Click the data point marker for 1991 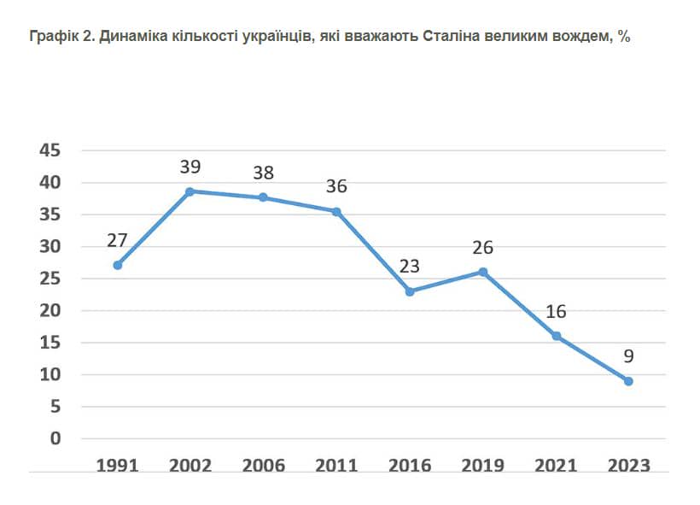tap(118, 265)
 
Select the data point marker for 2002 tap(190, 191)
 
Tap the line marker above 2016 tap(410, 291)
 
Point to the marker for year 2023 tap(628, 381)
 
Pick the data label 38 tap(264, 173)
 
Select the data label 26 tap(482, 248)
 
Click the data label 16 tap(556, 312)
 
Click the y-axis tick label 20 tap(50, 311)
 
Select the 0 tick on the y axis tap(55, 439)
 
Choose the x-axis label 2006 tap(264, 466)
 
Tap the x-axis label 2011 tap(336, 466)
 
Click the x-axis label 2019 tap(482, 466)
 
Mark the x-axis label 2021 tap(556, 466)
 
